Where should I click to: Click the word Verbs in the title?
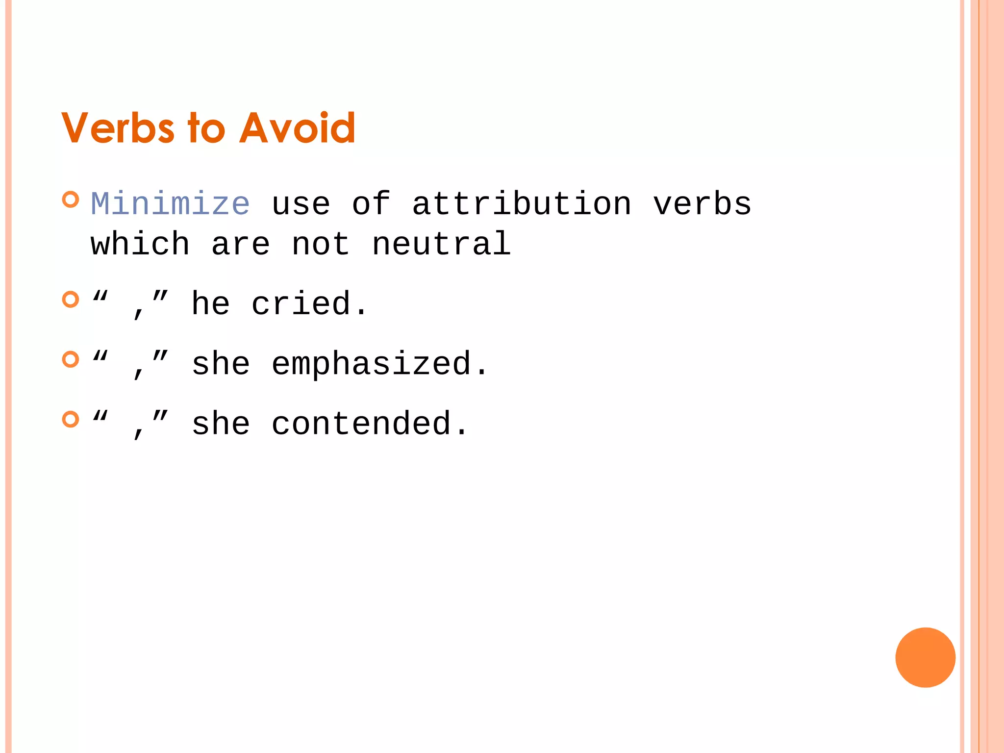118,128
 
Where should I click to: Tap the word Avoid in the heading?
297,128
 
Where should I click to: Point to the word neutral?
441,244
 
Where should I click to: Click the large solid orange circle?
925,657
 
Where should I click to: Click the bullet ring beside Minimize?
71,200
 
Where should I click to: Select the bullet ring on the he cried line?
71,299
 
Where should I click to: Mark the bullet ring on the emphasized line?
71,359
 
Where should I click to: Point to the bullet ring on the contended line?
71,419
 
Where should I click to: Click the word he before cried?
210,304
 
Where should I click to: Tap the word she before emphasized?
221,364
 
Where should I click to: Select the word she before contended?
221,424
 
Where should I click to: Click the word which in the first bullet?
140,244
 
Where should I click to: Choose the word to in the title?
206,128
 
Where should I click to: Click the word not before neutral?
321,244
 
